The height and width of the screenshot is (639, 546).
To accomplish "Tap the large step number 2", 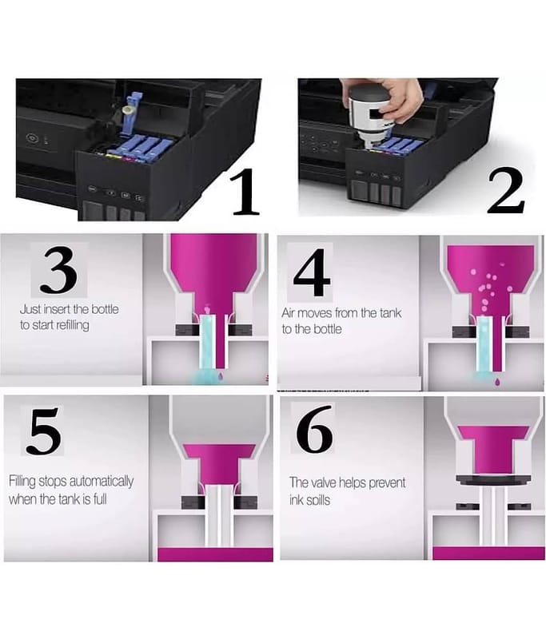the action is tap(506, 192).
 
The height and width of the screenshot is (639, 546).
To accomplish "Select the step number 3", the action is tap(59, 270).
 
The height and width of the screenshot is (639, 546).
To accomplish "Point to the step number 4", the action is tap(312, 272).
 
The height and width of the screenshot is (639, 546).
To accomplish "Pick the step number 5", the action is tap(43, 431).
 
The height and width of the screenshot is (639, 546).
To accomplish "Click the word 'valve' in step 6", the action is tap(325, 482).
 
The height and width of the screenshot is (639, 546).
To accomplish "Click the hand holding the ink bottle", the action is tap(397, 97).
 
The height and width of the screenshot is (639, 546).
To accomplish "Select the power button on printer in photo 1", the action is tap(32, 137).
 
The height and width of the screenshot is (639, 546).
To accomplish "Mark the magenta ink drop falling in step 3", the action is tap(221, 374).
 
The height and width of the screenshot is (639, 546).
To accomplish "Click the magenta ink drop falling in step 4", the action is tap(497, 381).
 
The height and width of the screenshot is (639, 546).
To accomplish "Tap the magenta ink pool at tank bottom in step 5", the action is tap(215, 554).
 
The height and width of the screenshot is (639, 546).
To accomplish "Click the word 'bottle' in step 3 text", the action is tap(106, 309).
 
